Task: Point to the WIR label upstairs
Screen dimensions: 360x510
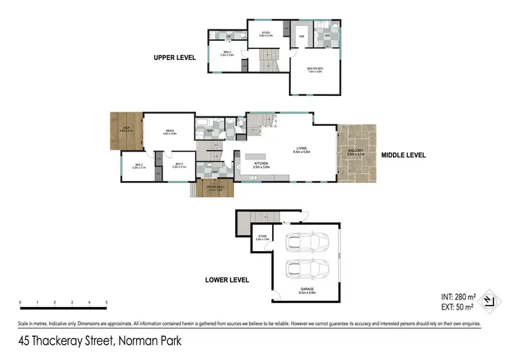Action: (x=301, y=36)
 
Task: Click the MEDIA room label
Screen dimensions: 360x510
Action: (x=169, y=133)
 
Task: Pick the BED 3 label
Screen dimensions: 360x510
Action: (x=178, y=165)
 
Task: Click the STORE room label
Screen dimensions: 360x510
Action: (x=262, y=238)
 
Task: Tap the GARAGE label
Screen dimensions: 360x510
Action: (x=307, y=289)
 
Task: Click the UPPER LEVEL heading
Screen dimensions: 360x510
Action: (x=175, y=58)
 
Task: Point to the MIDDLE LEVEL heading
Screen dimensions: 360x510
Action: (x=403, y=155)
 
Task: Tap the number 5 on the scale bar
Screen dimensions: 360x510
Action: (x=106, y=301)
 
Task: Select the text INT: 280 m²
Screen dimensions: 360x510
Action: (x=458, y=297)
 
